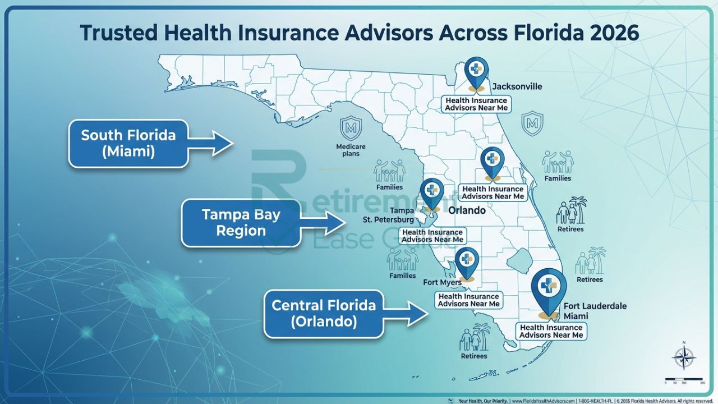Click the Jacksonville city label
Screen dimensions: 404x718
coord(517,86)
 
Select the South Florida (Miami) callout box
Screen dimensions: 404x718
coord(128,143)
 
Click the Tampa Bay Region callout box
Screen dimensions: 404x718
coord(241,222)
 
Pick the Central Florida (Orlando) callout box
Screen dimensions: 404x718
coord(324,313)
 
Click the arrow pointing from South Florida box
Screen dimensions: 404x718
coord(211,143)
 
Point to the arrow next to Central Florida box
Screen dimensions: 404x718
coord(407,313)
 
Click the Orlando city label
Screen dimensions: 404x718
coord(467,211)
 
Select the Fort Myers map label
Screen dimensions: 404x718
coord(442,283)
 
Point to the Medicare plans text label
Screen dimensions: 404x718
coord(351,150)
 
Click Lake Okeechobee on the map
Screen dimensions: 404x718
coord(518,260)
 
